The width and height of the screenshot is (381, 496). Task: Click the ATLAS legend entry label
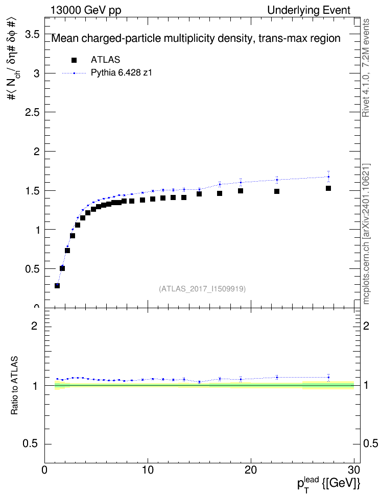(105, 60)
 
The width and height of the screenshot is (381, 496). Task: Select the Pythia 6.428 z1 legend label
(122, 73)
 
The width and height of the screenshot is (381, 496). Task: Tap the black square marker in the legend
(74, 60)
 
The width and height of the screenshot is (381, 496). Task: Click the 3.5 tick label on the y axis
(32, 34)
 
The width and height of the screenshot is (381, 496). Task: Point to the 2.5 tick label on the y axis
(32, 112)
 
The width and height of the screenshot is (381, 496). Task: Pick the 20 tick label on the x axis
(251, 470)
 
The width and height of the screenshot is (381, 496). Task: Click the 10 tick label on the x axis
(148, 470)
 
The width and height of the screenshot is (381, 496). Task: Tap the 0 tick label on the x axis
(44, 470)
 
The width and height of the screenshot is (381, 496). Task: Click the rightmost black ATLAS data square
(328, 188)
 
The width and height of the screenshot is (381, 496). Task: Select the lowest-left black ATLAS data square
(57, 286)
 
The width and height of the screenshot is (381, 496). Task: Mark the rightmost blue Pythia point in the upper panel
(328, 177)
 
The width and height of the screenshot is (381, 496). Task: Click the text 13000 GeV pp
(85, 10)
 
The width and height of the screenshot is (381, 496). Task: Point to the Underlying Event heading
(309, 10)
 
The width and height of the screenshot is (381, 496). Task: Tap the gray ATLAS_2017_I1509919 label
(202, 289)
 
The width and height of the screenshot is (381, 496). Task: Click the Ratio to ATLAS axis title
(14, 386)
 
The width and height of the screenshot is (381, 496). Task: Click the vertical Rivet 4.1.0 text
(366, 68)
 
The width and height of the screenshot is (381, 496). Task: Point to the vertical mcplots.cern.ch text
(366, 234)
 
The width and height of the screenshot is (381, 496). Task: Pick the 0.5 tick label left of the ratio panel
(30, 444)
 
